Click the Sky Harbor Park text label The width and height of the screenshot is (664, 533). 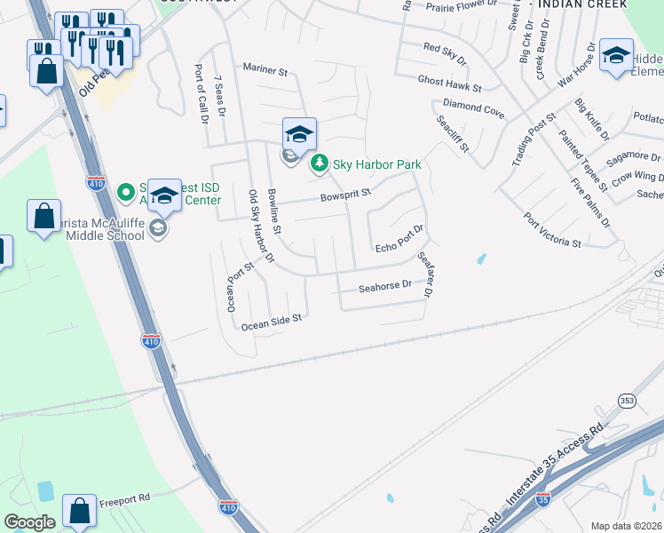(x=376, y=164)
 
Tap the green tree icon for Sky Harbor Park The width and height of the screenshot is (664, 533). (x=319, y=163)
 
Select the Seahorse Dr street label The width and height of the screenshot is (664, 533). (x=385, y=286)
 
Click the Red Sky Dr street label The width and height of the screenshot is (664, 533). (x=444, y=52)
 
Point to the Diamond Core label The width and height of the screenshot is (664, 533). (x=473, y=109)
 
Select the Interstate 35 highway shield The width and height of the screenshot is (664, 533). (x=542, y=498)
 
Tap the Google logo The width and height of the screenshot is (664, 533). (x=30, y=522)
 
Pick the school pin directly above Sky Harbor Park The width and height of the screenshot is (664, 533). (x=299, y=134)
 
